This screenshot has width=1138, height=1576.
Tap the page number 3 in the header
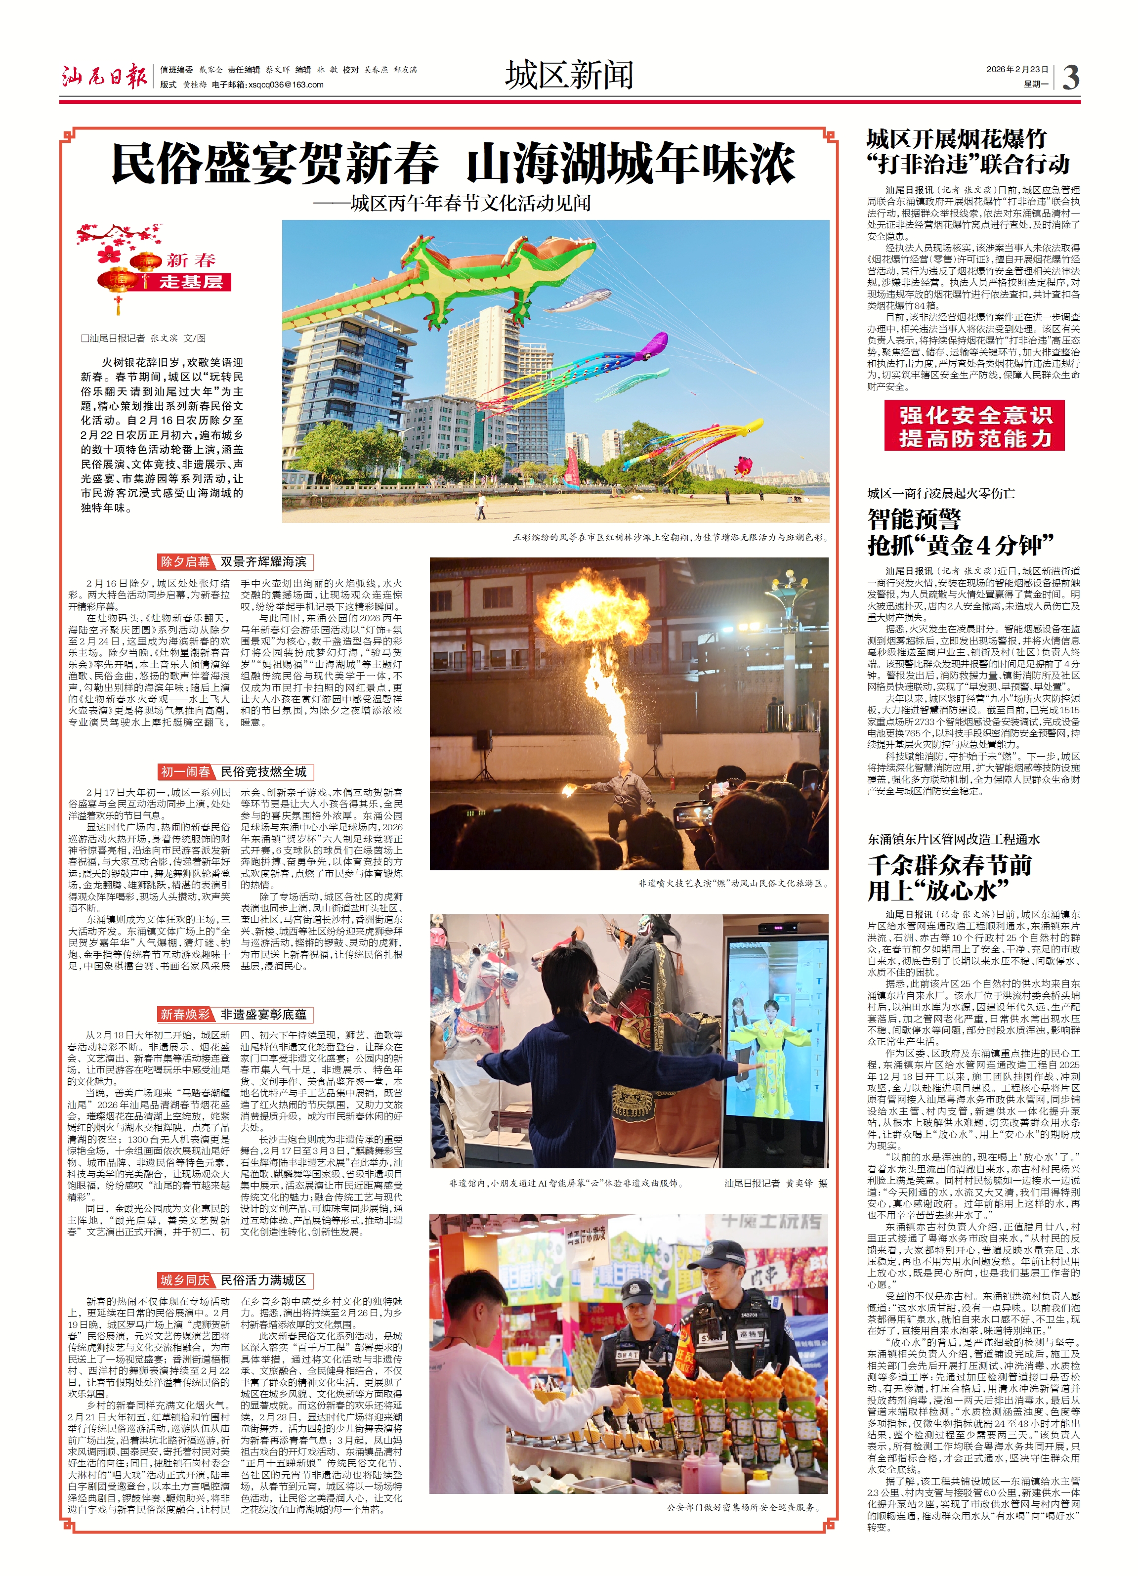pos(1071,77)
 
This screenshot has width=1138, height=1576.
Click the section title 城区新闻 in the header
pos(569,75)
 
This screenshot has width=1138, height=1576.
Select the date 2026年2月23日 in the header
pos(1016,70)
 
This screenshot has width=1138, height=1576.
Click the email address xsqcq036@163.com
pos(286,85)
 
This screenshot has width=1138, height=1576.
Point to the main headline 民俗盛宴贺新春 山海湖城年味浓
pos(453,164)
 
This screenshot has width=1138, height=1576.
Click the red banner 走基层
pos(191,281)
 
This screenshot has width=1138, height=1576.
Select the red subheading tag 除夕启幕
pos(185,561)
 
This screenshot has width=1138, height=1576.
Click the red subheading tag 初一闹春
pos(185,771)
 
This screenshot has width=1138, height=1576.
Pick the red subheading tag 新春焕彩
pos(185,1015)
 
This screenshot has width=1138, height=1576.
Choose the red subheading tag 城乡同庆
pos(185,1280)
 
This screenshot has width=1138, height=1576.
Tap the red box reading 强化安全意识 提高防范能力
pos(974,426)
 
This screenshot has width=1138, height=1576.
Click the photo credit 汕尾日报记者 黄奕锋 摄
pos(775,1183)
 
